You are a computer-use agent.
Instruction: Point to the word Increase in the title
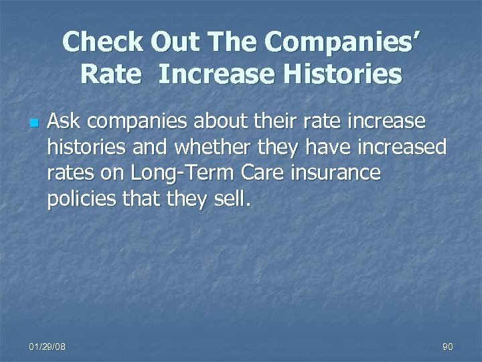coord(216,74)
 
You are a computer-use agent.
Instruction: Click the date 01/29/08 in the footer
coord(48,346)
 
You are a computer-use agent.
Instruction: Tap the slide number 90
coord(448,346)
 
